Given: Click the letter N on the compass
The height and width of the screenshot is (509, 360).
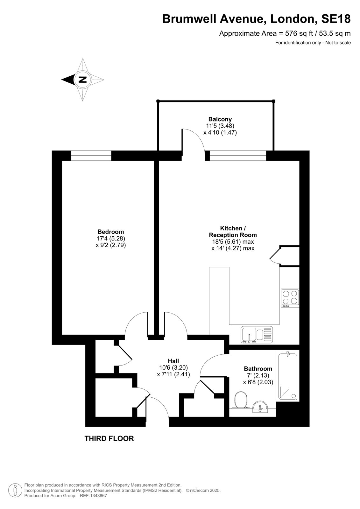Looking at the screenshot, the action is pos(82,80).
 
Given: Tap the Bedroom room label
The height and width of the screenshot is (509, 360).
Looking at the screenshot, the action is pos(111,232).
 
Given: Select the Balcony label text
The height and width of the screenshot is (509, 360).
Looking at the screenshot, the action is pos(220,119).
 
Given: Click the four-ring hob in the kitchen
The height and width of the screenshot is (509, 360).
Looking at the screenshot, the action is pos(290,298).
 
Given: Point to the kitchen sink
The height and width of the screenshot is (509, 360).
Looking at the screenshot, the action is pos(257,335).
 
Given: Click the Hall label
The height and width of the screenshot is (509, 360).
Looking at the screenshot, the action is pos(173,361).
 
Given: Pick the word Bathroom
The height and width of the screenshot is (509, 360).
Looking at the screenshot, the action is pos(258,369).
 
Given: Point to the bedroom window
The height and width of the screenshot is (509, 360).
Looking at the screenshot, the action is pos(91,156).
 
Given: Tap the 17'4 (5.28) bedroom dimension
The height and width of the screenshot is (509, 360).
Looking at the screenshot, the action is pos(111,239).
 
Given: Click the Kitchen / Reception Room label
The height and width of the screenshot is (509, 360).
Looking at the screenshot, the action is pos(233,231).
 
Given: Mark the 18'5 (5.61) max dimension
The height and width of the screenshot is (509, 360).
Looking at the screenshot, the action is pos(231,241).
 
